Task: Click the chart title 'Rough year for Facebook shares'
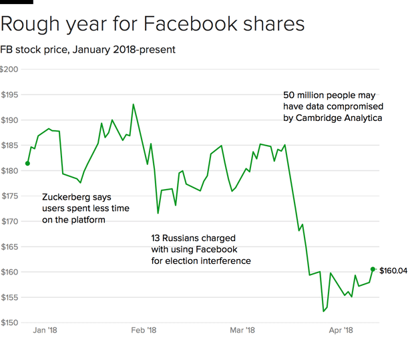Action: pos(153,25)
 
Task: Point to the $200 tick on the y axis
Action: pos(9,69)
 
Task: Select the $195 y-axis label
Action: pos(9,95)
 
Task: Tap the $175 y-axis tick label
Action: pos(9,196)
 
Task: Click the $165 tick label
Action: pos(9,246)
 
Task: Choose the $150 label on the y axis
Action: pos(9,323)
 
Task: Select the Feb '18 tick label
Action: pos(144,331)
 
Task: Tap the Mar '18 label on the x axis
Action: pos(242,331)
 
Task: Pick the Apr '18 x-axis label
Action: pos(341,331)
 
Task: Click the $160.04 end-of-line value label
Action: pos(393,271)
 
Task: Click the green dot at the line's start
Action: pos(27,163)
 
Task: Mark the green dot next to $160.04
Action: pos(373,269)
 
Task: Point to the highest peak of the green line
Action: pos(134,104)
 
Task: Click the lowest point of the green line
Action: pos(323,311)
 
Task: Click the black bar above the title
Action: pos(16,2)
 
